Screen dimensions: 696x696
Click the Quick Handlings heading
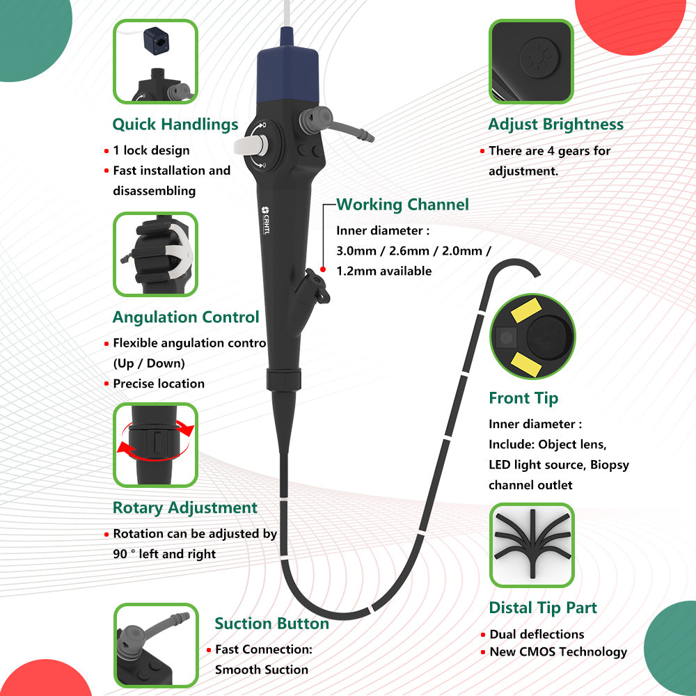(175, 125)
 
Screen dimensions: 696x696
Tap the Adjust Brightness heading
(555, 125)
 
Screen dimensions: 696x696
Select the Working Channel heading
(402, 205)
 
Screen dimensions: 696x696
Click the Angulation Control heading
(186, 317)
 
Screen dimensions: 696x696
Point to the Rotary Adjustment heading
(185, 508)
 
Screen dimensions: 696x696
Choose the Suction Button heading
(271, 624)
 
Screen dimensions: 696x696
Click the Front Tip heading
(523, 398)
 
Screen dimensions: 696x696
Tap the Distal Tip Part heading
(543, 608)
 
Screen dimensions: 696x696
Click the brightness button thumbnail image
(532, 61)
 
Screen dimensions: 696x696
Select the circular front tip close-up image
(532, 336)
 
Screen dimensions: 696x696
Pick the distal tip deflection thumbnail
(532, 545)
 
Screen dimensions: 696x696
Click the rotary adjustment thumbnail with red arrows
(155, 444)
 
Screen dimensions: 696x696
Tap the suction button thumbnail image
(155, 645)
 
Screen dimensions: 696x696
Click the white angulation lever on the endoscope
(251, 144)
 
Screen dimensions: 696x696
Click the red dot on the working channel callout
(323, 269)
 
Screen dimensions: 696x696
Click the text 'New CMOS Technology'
(558, 652)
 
